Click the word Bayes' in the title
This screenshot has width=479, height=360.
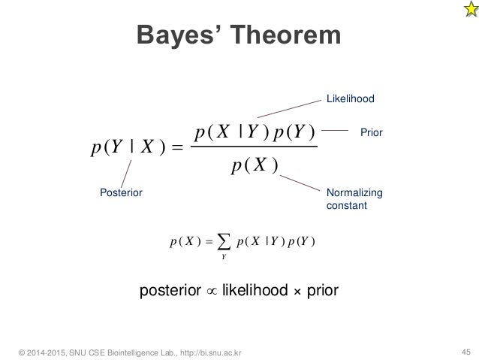coord(177,36)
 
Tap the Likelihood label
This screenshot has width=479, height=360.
coord(349,98)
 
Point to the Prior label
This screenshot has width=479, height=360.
coord(372,132)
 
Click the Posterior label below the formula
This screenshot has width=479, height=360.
coord(121,192)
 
